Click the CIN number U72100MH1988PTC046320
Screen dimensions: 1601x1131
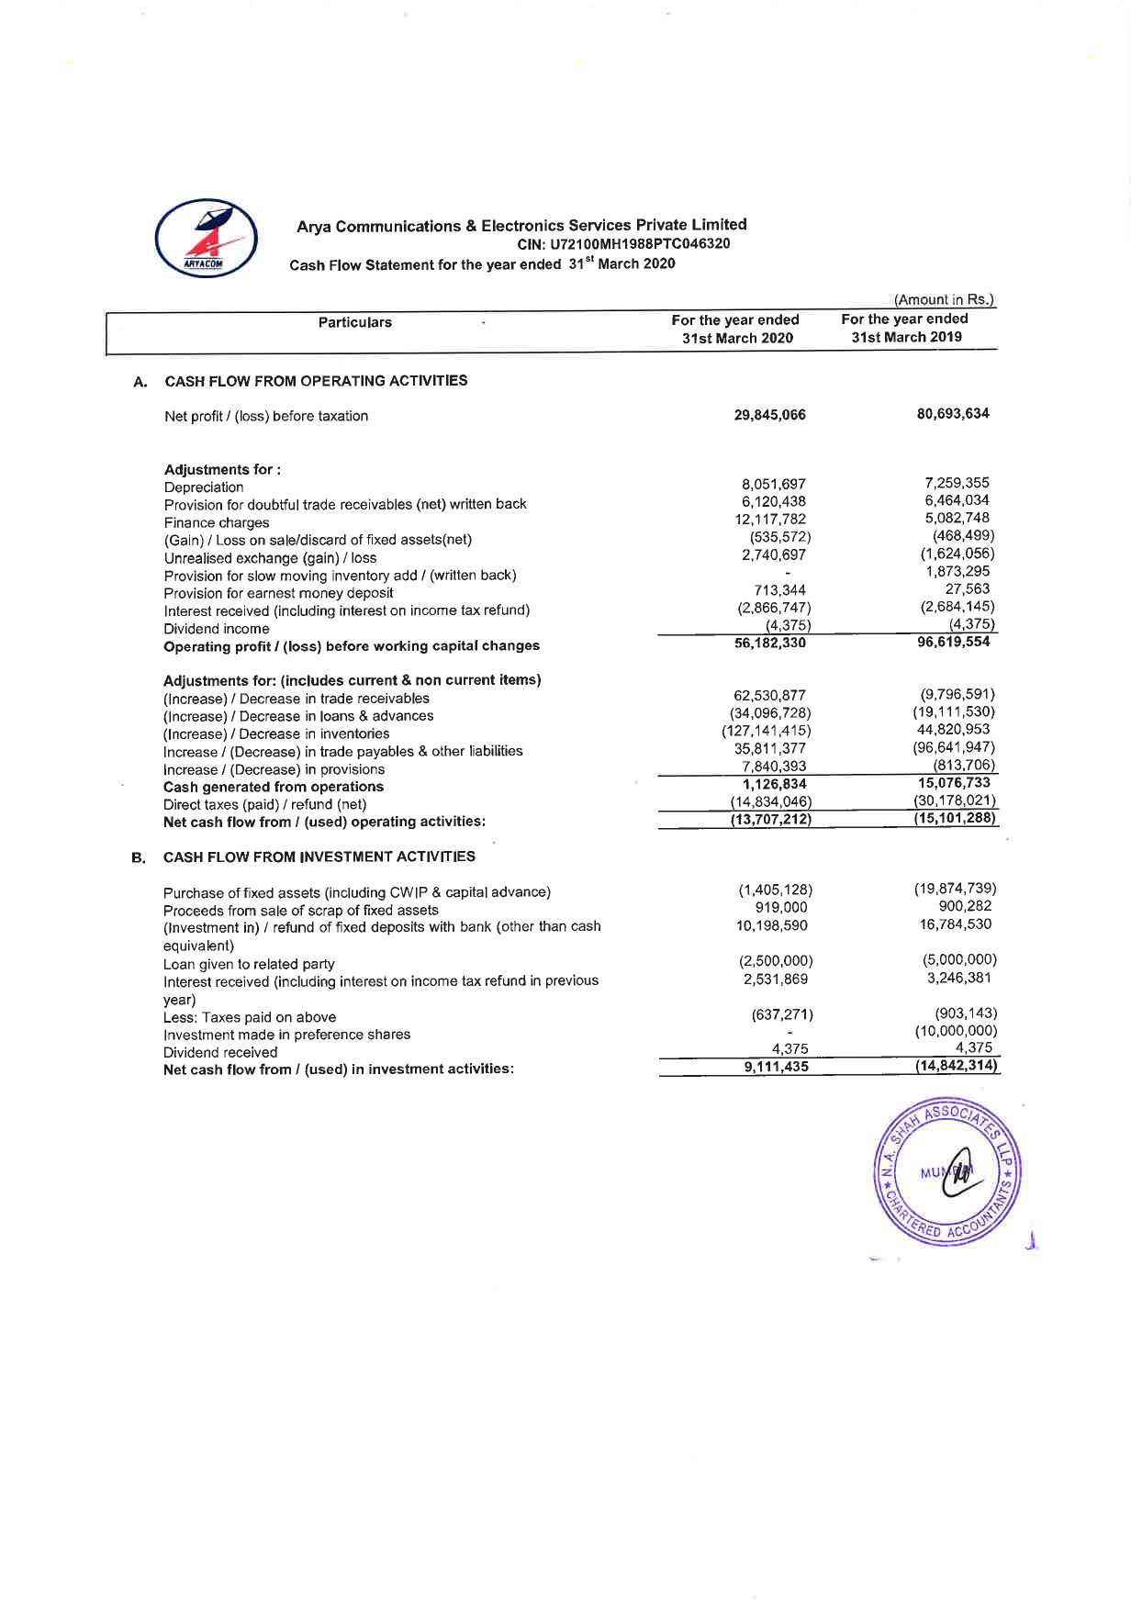click(624, 244)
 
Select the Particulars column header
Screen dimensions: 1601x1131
click(355, 322)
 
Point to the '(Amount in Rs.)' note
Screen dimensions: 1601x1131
click(944, 299)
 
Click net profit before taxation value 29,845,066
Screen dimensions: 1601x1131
click(769, 415)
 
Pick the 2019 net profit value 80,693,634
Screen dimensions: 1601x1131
click(953, 413)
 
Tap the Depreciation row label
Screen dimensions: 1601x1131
click(204, 487)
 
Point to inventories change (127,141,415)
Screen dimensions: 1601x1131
click(766, 731)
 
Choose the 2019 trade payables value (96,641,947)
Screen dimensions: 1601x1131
click(954, 747)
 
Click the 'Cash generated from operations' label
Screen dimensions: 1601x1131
click(274, 787)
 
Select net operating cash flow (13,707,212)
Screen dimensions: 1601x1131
click(769, 819)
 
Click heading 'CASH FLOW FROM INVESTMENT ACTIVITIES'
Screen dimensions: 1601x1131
click(319, 856)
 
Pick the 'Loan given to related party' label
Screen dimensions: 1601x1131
click(249, 964)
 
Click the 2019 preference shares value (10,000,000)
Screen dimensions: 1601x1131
click(955, 1031)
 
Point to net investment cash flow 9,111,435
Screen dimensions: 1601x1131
click(776, 1067)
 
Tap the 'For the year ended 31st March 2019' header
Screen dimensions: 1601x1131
click(905, 328)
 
